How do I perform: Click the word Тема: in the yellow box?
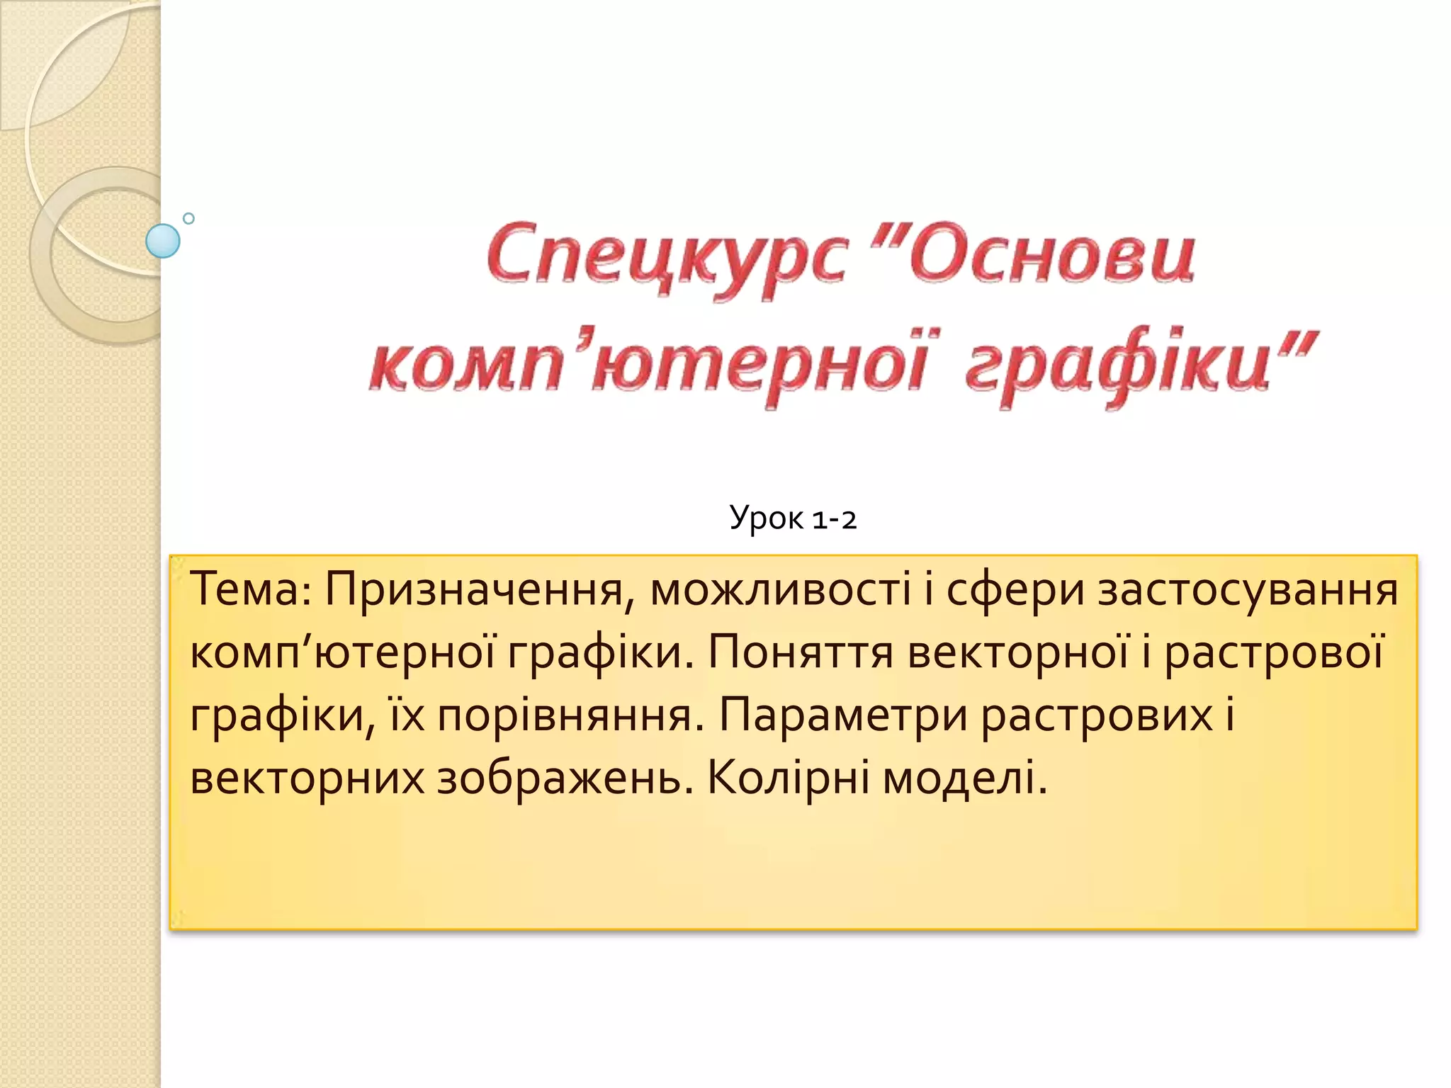pos(251,589)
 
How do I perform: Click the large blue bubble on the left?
pos(163,241)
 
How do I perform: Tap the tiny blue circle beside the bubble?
pos(188,219)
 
